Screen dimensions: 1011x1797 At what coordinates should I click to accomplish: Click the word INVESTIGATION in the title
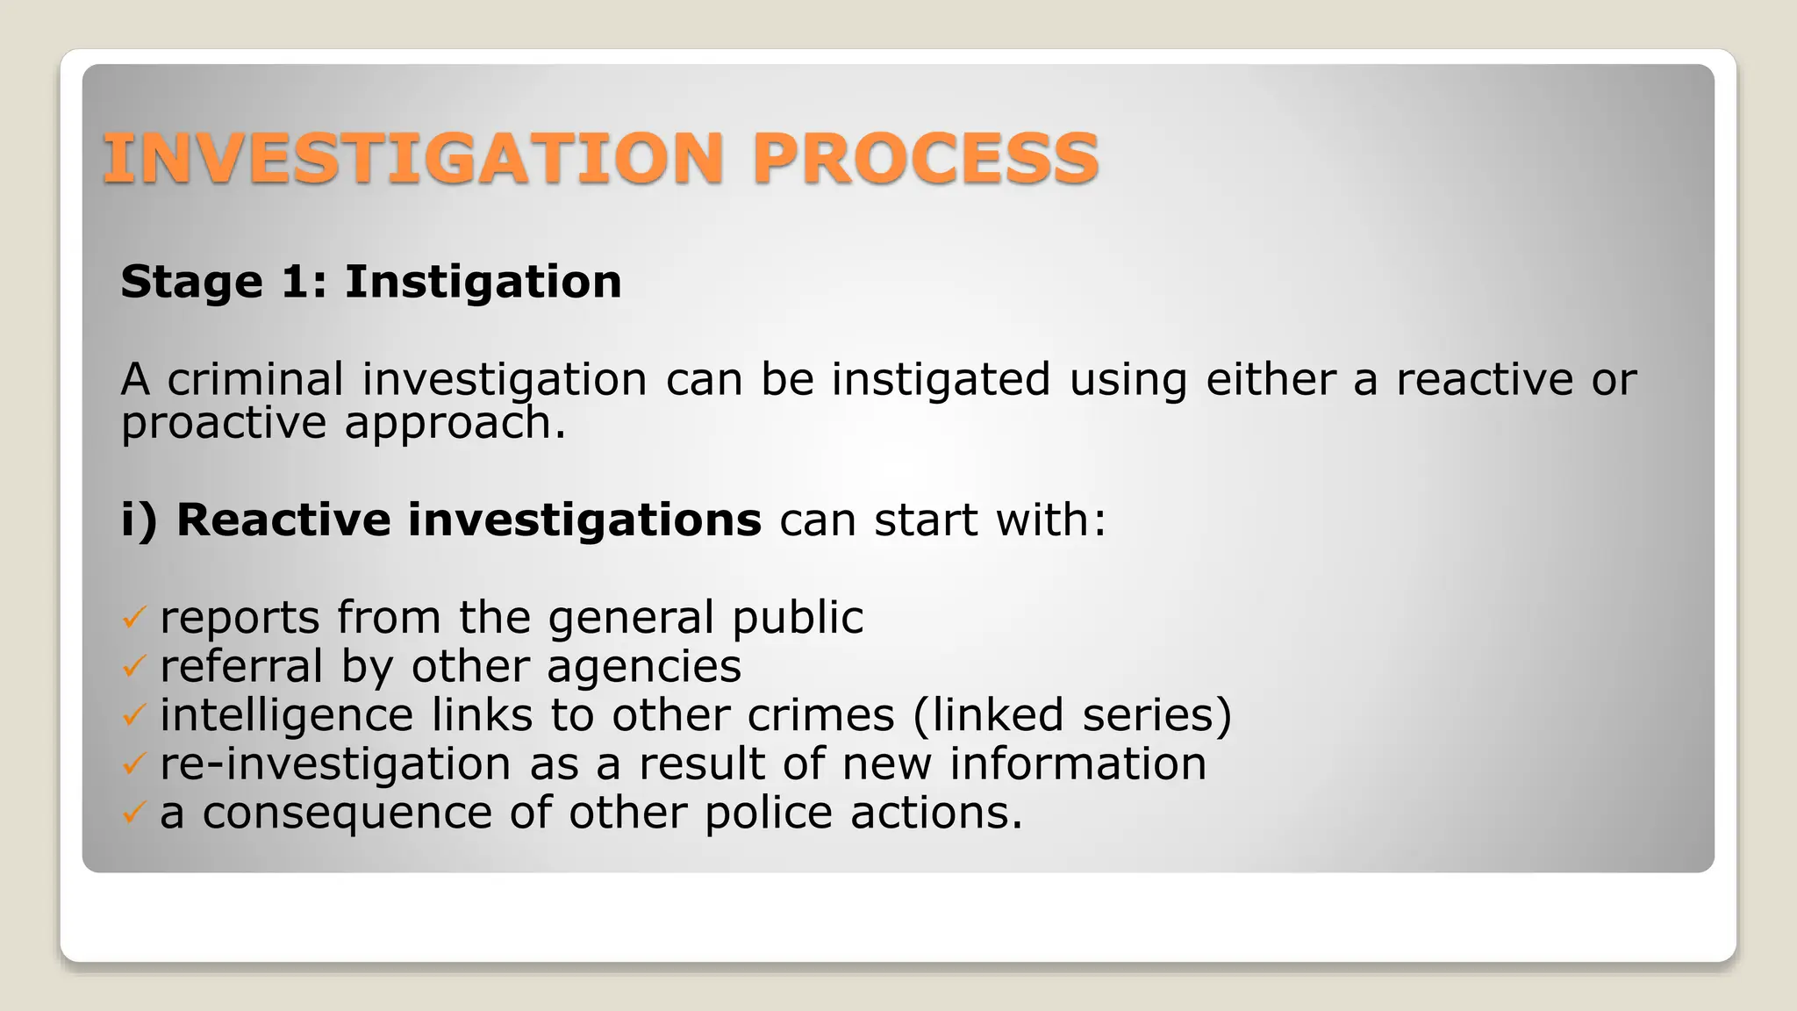pyautogui.click(x=412, y=159)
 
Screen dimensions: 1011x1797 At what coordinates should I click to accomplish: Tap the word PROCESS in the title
pyautogui.click(x=925, y=159)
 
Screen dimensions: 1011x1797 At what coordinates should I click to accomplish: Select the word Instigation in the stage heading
pyautogui.click(x=483, y=283)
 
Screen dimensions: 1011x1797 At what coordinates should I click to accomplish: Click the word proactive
pyautogui.click(x=224, y=424)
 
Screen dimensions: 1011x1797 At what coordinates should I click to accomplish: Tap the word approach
pyautogui.click(x=455, y=424)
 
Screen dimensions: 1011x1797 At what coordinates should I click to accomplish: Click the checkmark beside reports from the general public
pyautogui.click(x=132, y=618)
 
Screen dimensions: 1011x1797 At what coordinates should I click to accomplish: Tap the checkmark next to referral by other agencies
pyautogui.click(x=132, y=667)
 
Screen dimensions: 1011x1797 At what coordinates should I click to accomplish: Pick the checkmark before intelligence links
pyautogui.click(x=132, y=716)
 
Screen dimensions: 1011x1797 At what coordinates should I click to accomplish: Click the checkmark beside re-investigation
pyautogui.click(x=132, y=764)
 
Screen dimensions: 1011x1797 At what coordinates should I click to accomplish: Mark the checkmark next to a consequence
pyautogui.click(x=132, y=814)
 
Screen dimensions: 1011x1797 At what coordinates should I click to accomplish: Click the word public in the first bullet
pyautogui.click(x=798, y=618)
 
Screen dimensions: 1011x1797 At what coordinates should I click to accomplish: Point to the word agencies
pyautogui.click(x=644, y=667)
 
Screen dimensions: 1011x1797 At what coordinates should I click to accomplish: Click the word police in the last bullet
pyautogui.click(x=768, y=813)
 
